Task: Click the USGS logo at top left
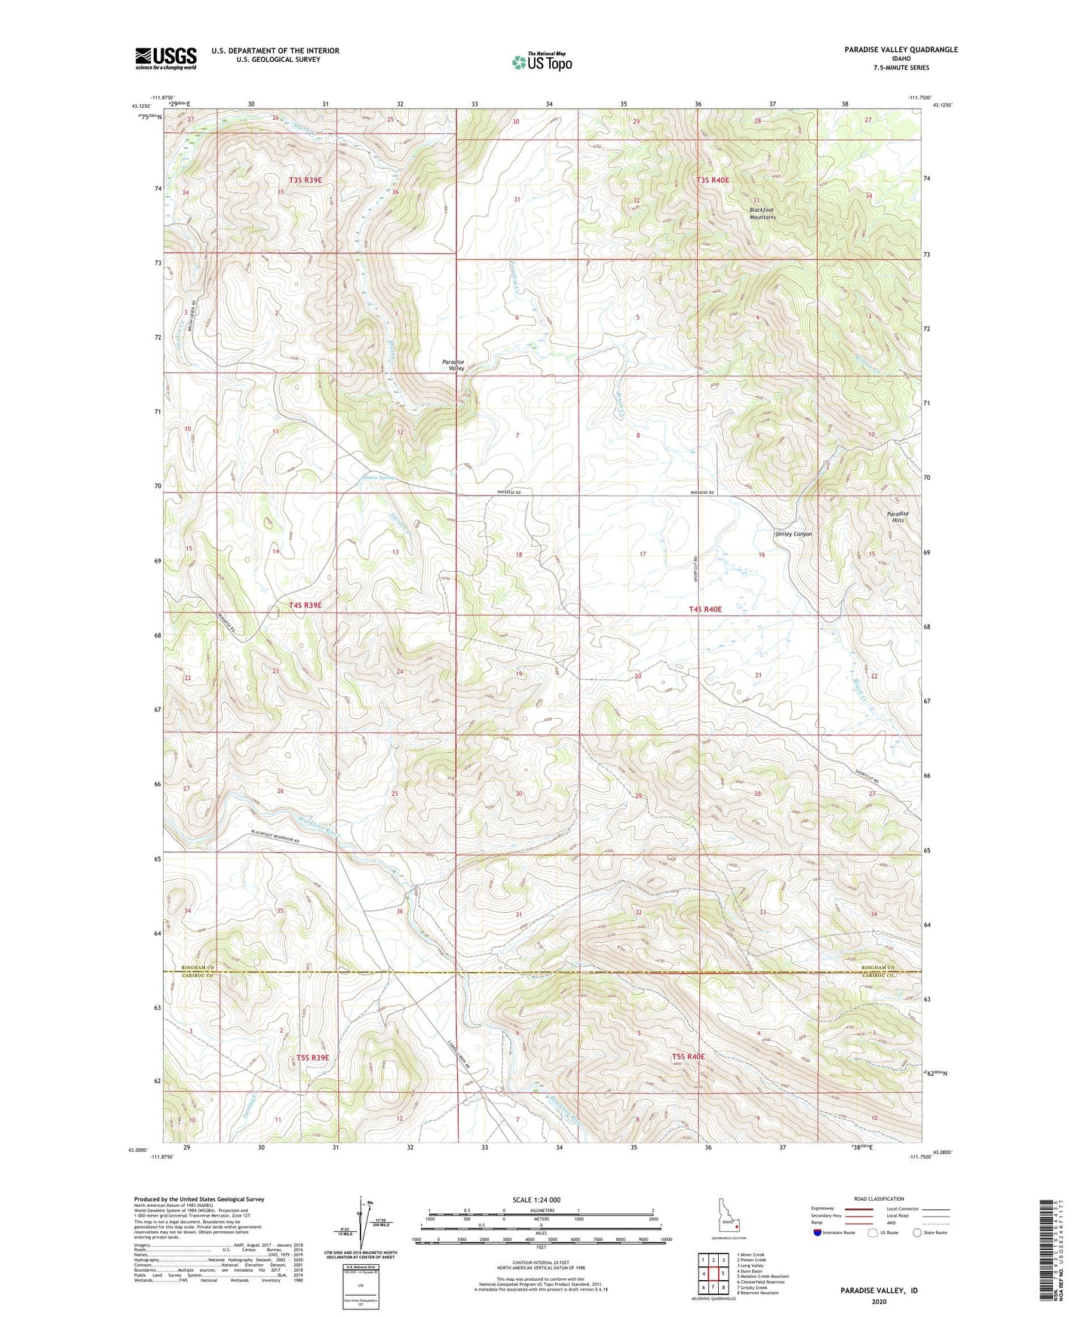(x=166, y=58)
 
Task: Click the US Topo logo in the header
(x=541, y=62)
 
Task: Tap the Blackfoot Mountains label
(x=762, y=213)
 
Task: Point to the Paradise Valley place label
(x=453, y=365)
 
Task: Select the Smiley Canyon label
(x=794, y=534)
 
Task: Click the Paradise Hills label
(x=898, y=517)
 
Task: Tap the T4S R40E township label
(x=705, y=609)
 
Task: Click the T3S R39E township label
(x=305, y=180)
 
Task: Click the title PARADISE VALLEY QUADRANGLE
(x=890, y=50)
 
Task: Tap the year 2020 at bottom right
(x=879, y=1302)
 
